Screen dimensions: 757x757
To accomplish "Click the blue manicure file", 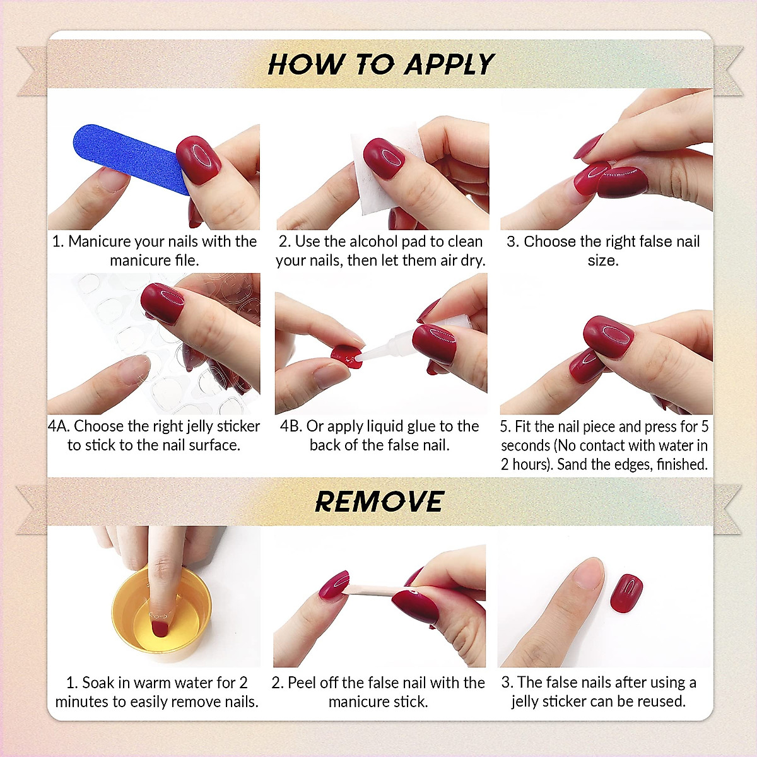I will (126, 155).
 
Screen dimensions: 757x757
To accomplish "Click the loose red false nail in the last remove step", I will (626, 593).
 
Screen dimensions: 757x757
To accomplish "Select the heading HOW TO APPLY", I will (380, 64).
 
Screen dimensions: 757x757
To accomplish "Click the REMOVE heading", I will (379, 502).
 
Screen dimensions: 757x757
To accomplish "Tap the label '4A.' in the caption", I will (59, 426).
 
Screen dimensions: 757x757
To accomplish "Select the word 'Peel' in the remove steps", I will (302, 683).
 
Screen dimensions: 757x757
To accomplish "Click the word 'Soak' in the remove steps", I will (97, 683).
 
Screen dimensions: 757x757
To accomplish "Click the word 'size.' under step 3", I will (602, 261).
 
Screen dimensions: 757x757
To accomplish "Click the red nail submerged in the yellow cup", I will (160, 628).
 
